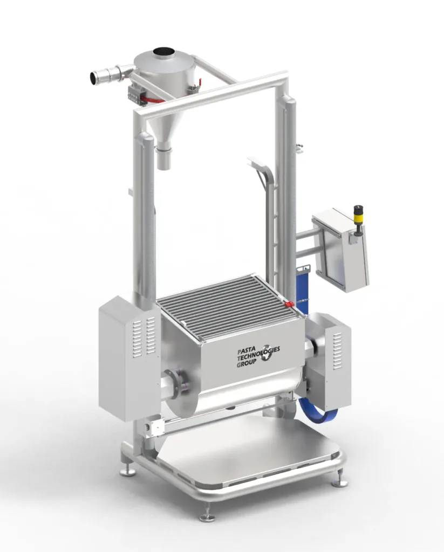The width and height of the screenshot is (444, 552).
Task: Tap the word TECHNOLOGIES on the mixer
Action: point(258,354)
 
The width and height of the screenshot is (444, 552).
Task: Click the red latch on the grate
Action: point(290,303)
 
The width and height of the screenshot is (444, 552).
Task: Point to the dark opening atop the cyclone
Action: point(164,51)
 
